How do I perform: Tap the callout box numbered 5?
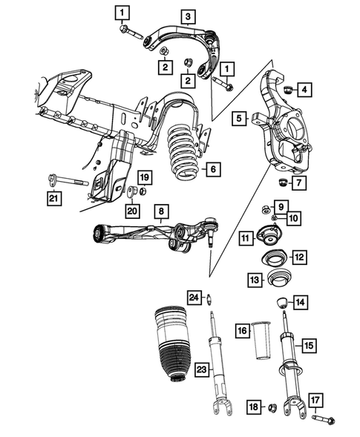point(239,118)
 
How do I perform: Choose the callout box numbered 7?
point(298,183)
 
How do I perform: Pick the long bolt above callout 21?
point(69,180)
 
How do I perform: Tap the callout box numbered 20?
point(132,211)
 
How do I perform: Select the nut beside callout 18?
point(272,407)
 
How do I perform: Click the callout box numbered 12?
point(298,257)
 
